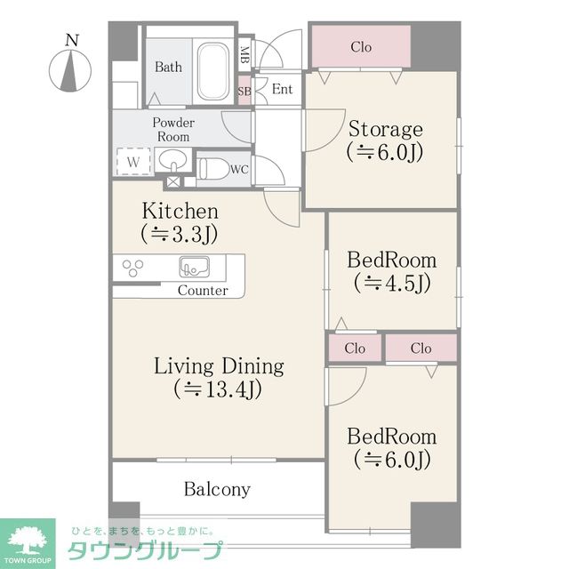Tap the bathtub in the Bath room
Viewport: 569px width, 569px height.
213,71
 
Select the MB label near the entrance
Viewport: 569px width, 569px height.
244,54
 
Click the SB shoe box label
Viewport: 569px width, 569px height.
244,91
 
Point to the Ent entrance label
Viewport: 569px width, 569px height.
282,89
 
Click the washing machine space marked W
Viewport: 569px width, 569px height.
133,162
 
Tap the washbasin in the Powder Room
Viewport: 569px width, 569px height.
173,160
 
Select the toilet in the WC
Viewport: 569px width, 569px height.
214,169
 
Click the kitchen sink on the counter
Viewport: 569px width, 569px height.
194,267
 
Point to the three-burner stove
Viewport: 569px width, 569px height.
132,268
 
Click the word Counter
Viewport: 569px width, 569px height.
203,291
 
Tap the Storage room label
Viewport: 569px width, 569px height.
385,140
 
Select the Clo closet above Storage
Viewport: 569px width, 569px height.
361,47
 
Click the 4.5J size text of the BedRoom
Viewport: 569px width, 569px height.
392,283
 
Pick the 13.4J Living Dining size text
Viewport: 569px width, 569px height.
218,389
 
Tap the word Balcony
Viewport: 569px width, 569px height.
217,489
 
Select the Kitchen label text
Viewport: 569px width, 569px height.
180,211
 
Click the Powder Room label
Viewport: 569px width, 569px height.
173,130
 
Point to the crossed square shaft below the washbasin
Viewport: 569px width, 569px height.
172,181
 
